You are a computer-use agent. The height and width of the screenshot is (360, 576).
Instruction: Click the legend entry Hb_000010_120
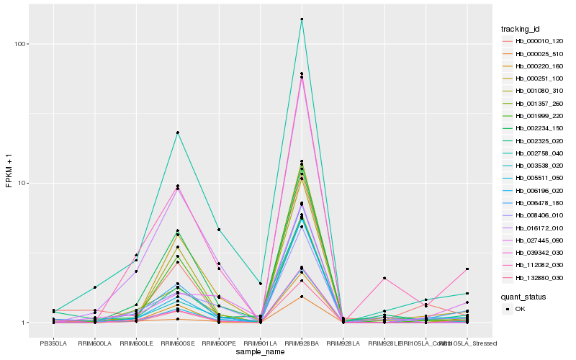pyautogui.click(x=533, y=41)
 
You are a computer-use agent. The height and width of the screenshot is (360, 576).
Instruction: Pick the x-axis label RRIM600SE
pyautogui.click(x=177, y=343)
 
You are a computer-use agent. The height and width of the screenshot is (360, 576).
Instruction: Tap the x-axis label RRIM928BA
pyautogui.click(x=302, y=343)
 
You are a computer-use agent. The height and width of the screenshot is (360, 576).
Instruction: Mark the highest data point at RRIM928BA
pyautogui.click(x=302, y=19)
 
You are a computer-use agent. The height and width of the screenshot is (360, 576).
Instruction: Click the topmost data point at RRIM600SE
pyautogui.click(x=177, y=132)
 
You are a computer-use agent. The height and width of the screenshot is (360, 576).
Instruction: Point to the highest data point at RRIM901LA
pyautogui.click(x=260, y=284)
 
